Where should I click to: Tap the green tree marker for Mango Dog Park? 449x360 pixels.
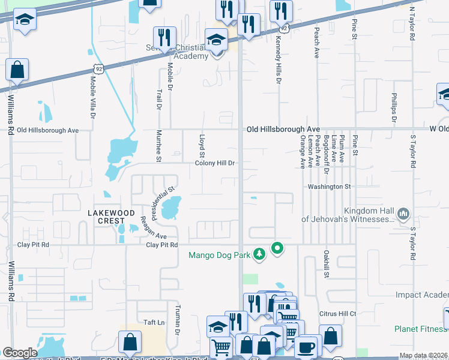[x=259, y=255]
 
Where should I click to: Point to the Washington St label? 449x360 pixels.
[x=329, y=187]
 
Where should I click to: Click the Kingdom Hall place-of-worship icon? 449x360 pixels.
[x=403, y=214]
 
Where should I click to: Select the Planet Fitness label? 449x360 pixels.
[x=421, y=329]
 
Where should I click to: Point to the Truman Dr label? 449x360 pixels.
[x=178, y=320]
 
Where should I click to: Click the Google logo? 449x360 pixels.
[x=20, y=353]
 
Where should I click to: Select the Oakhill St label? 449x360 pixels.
[x=327, y=264]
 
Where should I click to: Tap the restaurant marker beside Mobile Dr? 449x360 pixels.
[x=164, y=39]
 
